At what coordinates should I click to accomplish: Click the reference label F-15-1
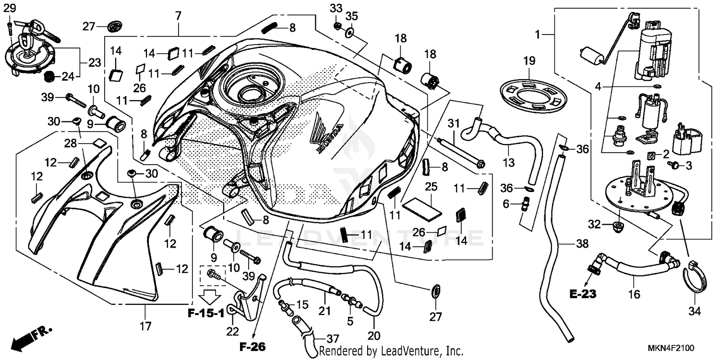pos(206,314)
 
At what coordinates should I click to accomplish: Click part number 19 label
pos(528,61)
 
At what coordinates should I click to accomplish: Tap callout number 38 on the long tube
pos(582,244)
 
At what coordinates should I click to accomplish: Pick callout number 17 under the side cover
pos(145,327)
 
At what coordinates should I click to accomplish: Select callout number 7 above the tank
pos(178,16)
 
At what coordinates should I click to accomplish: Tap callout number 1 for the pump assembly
pos(538,34)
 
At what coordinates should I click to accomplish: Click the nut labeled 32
pos(618,225)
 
